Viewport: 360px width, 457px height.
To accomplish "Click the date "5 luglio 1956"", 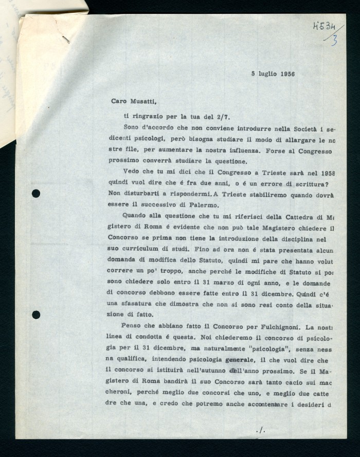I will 273,74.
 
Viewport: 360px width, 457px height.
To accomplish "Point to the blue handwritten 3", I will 334,41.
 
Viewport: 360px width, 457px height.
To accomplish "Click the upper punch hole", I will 36,194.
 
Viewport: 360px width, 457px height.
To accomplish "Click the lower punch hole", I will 36,314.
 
